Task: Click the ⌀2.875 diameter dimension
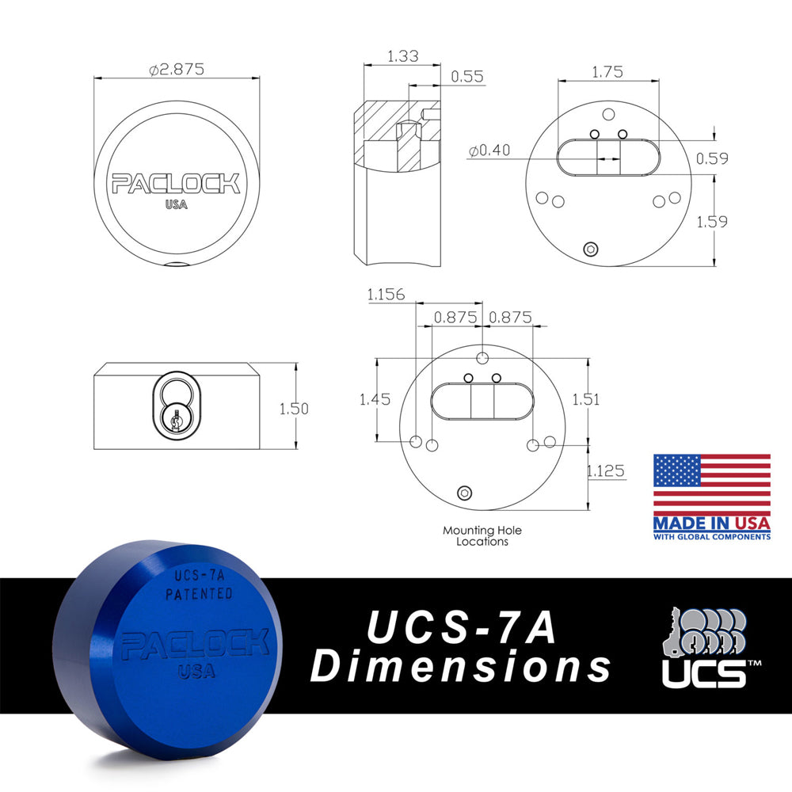pyautogui.click(x=177, y=69)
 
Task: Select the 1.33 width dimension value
pyautogui.click(x=403, y=56)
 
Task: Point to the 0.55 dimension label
pyautogui.click(x=467, y=77)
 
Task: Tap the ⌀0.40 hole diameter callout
pyautogui.click(x=489, y=150)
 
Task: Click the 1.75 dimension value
pyautogui.click(x=607, y=71)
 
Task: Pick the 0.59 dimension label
pyautogui.click(x=712, y=158)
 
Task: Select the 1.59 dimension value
pyautogui.click(x=712, y=222)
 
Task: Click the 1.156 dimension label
pyautogui.click(x=386, y=295)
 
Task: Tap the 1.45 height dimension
pyautogui.click(x=375, y=400)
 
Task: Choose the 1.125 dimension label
pyautogui.click(x=606, y=471)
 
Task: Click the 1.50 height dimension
pyautogui.click(x=293, y=409)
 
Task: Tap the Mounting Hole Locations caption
pyautogui.click(x=482, y=536)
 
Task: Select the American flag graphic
pyautogui.click(x=711, y=484)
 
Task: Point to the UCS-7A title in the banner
pyautogui.click(x=460, y=629)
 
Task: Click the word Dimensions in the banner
pyautogui.click(x=460, y=667)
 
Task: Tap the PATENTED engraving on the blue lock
pyautogui.click(x=198, y=593)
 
